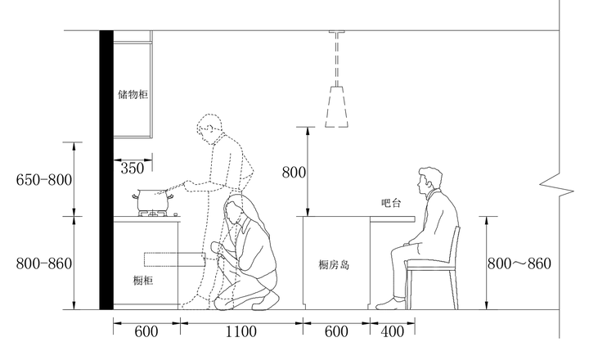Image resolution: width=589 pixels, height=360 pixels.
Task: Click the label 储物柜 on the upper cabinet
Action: coord(133,95)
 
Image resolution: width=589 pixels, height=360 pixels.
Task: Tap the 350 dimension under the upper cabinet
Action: coord(132,168)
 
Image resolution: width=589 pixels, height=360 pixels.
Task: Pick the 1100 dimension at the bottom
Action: coord(241,331)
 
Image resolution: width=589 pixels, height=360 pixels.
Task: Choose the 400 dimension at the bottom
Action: coord(393,331)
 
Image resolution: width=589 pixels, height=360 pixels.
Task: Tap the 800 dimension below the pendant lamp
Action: coord(294,172)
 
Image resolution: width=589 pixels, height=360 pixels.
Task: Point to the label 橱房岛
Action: coord(335,264)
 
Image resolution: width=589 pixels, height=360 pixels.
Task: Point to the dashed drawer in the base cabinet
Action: coord(173,260)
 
